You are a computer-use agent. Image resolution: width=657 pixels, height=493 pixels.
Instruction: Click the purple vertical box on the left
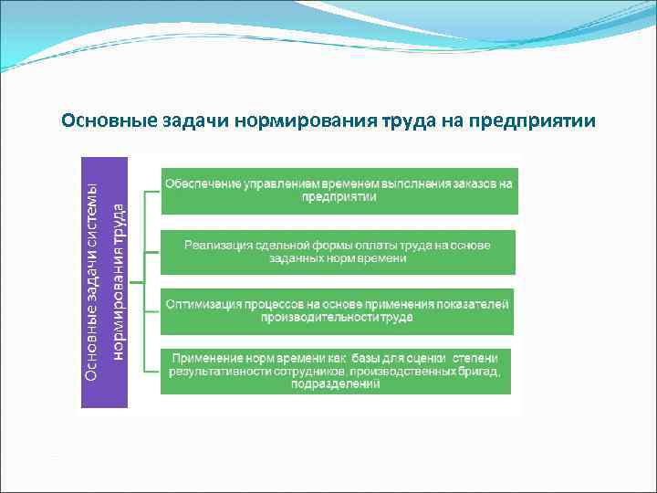[103, 281]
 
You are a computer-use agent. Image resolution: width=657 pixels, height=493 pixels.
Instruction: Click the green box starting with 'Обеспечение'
[339, 191]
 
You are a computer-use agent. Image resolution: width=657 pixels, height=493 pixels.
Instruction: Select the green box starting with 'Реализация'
[338, 252]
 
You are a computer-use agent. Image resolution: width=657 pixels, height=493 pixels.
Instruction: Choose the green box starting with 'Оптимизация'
[337, 310]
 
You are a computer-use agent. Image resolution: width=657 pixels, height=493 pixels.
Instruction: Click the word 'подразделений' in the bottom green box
[336, 384]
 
